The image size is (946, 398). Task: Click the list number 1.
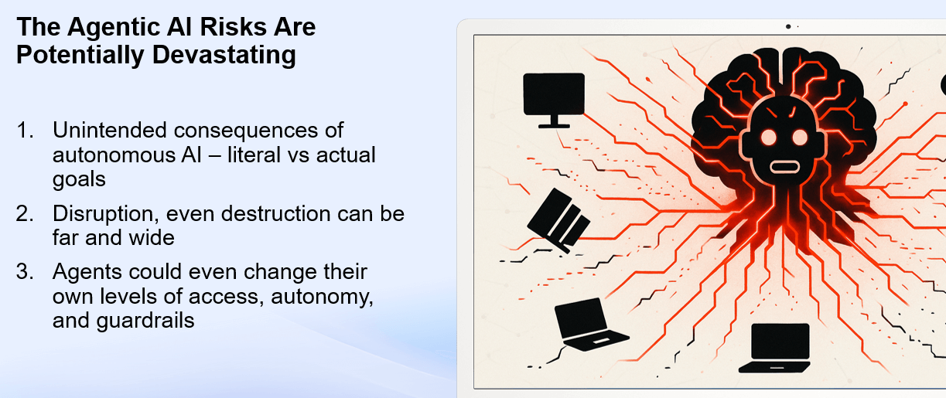point(25,130)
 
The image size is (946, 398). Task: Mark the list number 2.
point(25,213)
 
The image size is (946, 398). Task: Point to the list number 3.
point(25,272)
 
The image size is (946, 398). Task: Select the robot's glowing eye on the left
point(769,138)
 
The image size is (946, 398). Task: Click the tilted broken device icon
point(558,220)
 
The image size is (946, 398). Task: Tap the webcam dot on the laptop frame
point(788,26)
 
